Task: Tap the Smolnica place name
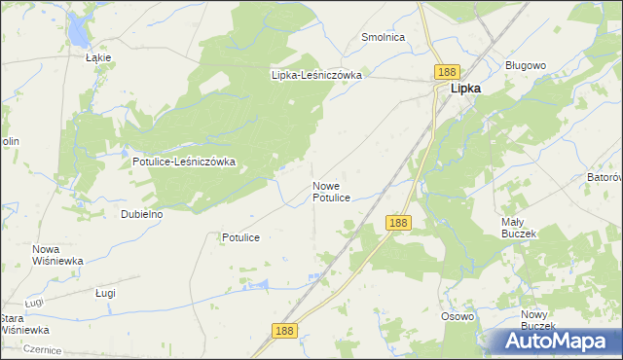[383, 37]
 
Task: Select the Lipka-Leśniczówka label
[316, 74]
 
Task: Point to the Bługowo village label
[526, 65]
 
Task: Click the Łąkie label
[98, 57]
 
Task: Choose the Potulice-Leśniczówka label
[184, 162]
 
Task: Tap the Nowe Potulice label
[331, 191]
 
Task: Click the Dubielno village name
[141, 214]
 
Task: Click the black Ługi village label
[106, 293]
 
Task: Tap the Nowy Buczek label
[536, 320]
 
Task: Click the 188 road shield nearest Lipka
[447, 73]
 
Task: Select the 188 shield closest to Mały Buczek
[397, 223]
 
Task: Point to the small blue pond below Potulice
[257, 285]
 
